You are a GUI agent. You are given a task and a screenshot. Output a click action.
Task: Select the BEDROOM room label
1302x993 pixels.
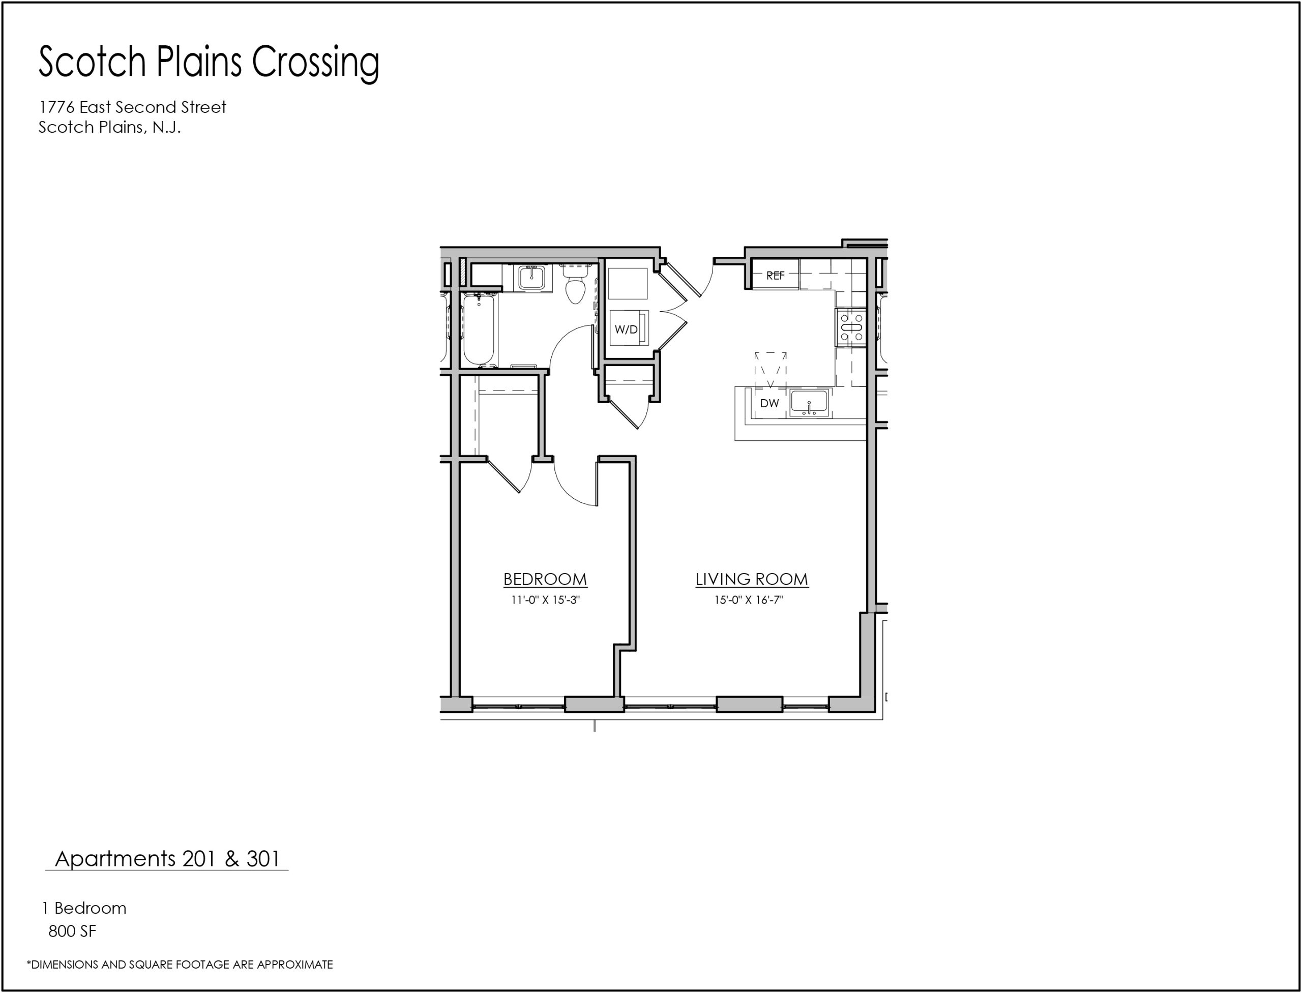coord(545,579)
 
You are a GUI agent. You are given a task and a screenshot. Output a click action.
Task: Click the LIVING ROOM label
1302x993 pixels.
coord(752,579)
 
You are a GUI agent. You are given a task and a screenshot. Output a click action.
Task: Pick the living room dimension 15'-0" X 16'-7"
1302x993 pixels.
coord(749,600)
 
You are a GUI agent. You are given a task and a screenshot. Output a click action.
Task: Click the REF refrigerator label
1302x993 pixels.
coord(775,276)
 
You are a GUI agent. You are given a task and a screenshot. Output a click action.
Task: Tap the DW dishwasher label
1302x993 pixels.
coord(770,403)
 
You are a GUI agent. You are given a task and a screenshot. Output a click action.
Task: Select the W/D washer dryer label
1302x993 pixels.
coord(626,329)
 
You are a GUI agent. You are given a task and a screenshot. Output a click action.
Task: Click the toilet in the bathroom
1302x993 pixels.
coord(575,284)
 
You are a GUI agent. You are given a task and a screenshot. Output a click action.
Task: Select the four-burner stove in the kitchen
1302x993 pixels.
coord(851,327)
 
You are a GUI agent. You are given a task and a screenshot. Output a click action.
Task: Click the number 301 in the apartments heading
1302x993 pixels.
coord(262,859)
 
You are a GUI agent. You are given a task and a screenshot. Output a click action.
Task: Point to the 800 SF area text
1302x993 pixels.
coord(72,931)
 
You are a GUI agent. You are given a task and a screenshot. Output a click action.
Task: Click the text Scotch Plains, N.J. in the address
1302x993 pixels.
coord(109,127)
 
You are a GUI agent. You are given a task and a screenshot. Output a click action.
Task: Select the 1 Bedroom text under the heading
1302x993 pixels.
coord(84,908)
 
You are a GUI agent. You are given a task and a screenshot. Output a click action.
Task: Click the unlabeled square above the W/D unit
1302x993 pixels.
coord(628,284)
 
